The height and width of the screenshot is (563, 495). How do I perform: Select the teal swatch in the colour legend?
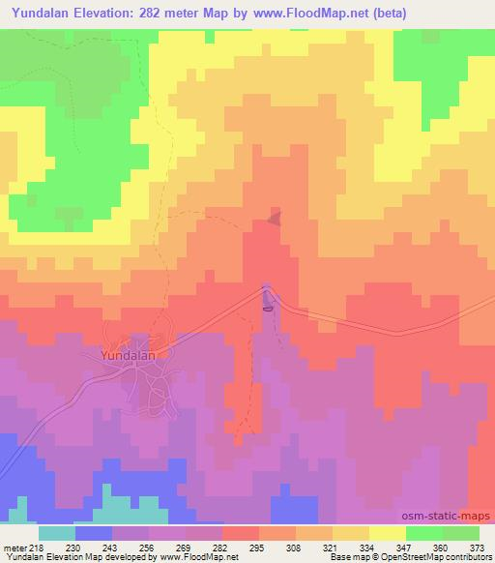[56, 532]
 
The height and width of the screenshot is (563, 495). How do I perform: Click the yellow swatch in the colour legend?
[387, 532]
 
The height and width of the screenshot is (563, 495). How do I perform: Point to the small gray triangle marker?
[277, 218]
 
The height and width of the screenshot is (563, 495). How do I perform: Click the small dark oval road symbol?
[268, 309]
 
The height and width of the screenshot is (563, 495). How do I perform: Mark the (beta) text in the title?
[386, 14]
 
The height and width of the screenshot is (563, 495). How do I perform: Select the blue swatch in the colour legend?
[93, 532]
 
